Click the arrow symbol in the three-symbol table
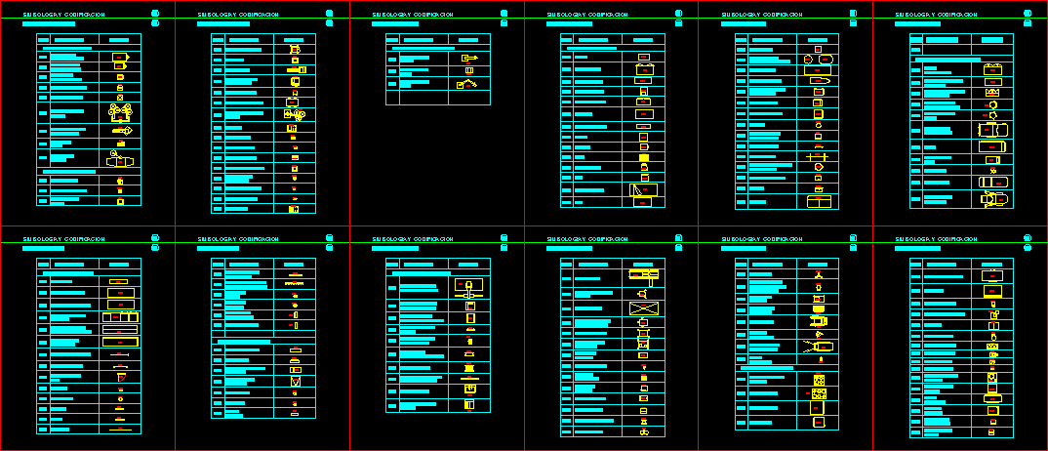point(469,59)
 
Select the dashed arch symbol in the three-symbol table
point(468,85)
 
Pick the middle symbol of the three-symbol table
point(469,71)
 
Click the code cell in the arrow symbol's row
point(392,59)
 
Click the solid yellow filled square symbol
point(644,157)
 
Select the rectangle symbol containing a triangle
point(644,190)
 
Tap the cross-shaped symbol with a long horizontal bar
point(818,157)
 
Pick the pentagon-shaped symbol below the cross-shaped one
point(818,168)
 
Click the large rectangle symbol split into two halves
point(819,202)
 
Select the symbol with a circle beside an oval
point(818,60)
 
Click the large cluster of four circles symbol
point(120,113)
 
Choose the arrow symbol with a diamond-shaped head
point(121,130)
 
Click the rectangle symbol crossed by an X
point(644,308)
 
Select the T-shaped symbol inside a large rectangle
point(469,288)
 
